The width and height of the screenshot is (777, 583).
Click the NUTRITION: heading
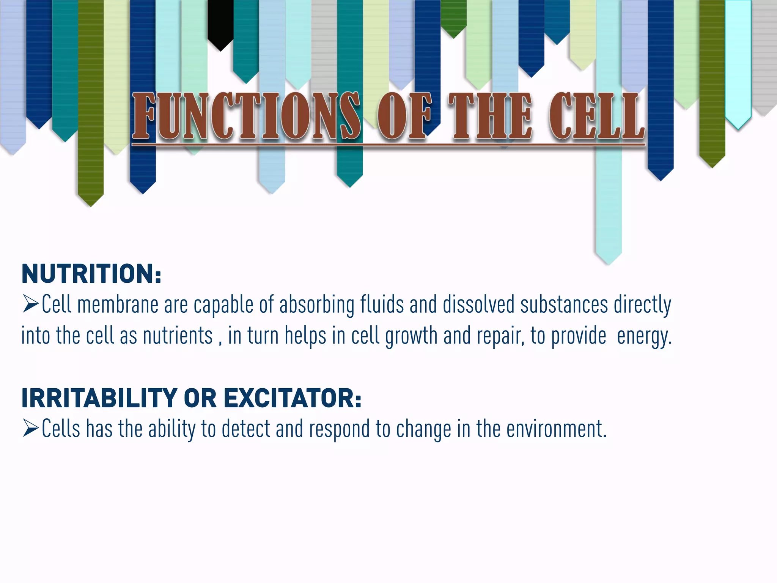coord(91,274)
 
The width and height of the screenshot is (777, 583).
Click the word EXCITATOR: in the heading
coord(292,398)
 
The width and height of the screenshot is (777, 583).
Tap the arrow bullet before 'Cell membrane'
coord(30,304)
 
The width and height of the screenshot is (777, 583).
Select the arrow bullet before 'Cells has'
coord(30,429)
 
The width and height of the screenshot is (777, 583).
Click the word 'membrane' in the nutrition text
coord(118,305)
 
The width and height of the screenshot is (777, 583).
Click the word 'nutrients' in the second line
coord(178,336)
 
